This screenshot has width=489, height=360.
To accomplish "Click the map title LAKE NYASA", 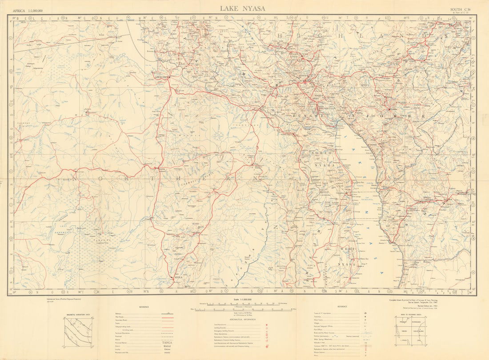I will (x=242, y=8).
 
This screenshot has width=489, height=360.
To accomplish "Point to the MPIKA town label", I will (x=177, y=278).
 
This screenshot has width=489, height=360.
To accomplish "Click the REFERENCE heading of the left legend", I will (x=144, y=307).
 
